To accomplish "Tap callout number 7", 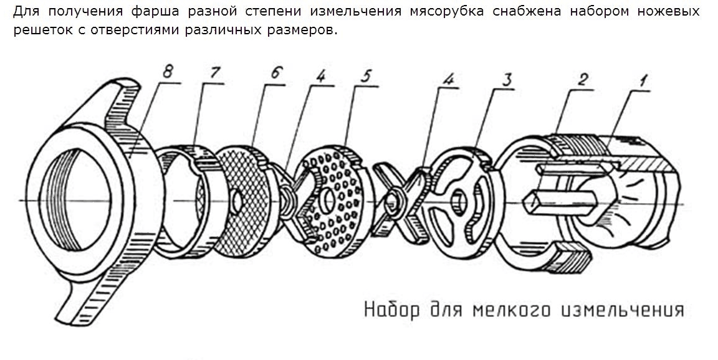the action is [215, 73].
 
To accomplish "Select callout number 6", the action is [277, 74].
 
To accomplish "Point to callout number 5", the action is [365, 76].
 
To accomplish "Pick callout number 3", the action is [507, 80].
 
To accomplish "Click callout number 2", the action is [583, 81].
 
